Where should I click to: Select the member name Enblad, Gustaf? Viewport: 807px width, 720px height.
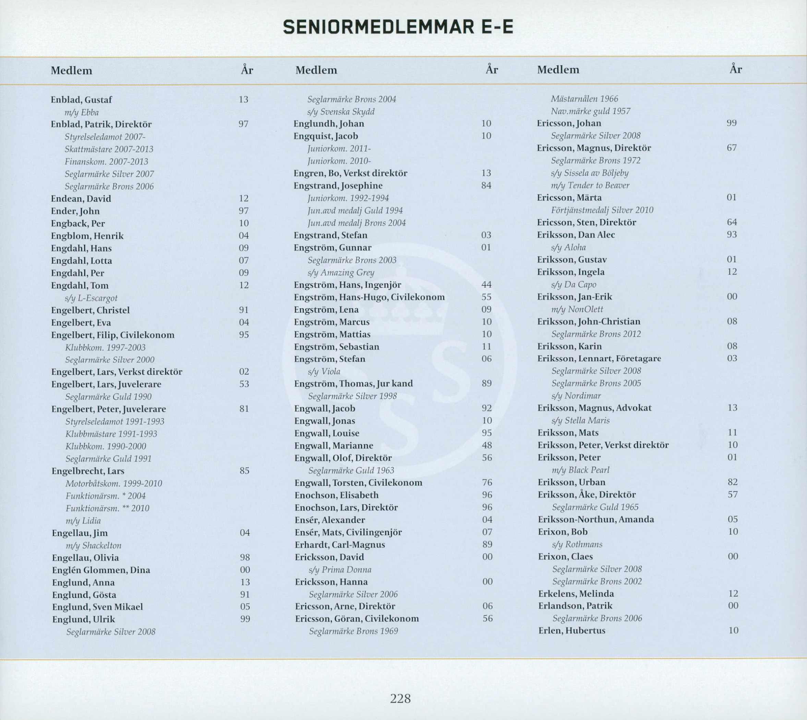(x=81, y=100)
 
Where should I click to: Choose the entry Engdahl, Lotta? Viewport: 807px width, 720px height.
(x=81, y=261)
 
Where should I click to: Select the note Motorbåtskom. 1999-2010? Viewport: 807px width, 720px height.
(x=113, y=483)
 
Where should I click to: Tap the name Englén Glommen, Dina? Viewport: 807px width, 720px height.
(x=101, y=570)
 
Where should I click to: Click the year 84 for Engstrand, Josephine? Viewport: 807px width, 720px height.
(x=486, y=185)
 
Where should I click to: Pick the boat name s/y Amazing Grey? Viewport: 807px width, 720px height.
(x=341, y=273)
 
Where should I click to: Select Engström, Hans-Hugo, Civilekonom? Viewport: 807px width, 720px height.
(x=369, y=297)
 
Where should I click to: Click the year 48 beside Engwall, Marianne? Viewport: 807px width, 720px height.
(x=487, y=445)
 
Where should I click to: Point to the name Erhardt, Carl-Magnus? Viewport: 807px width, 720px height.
(x=340, y=545)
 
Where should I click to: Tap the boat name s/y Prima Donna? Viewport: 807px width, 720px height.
(x=340, y=570)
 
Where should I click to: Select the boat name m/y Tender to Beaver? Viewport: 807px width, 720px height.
(x=590, y=185)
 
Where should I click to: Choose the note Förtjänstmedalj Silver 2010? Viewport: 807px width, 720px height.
(x=602, y=210)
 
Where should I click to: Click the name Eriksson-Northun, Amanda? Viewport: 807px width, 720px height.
(x=596, y=519)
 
